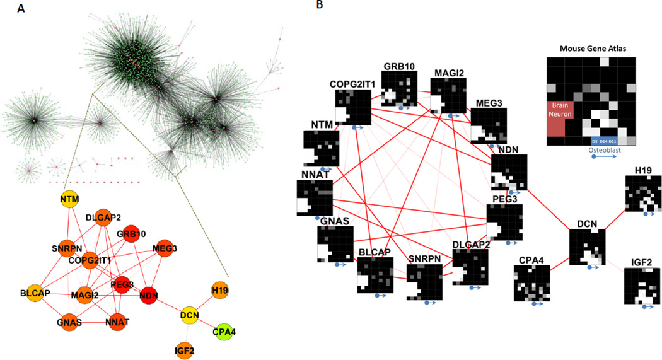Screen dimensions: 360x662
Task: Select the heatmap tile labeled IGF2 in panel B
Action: pyautogui.click(x=641, y=287)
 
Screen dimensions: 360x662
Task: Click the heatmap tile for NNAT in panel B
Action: pyautogui.click(x=314, y=199)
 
